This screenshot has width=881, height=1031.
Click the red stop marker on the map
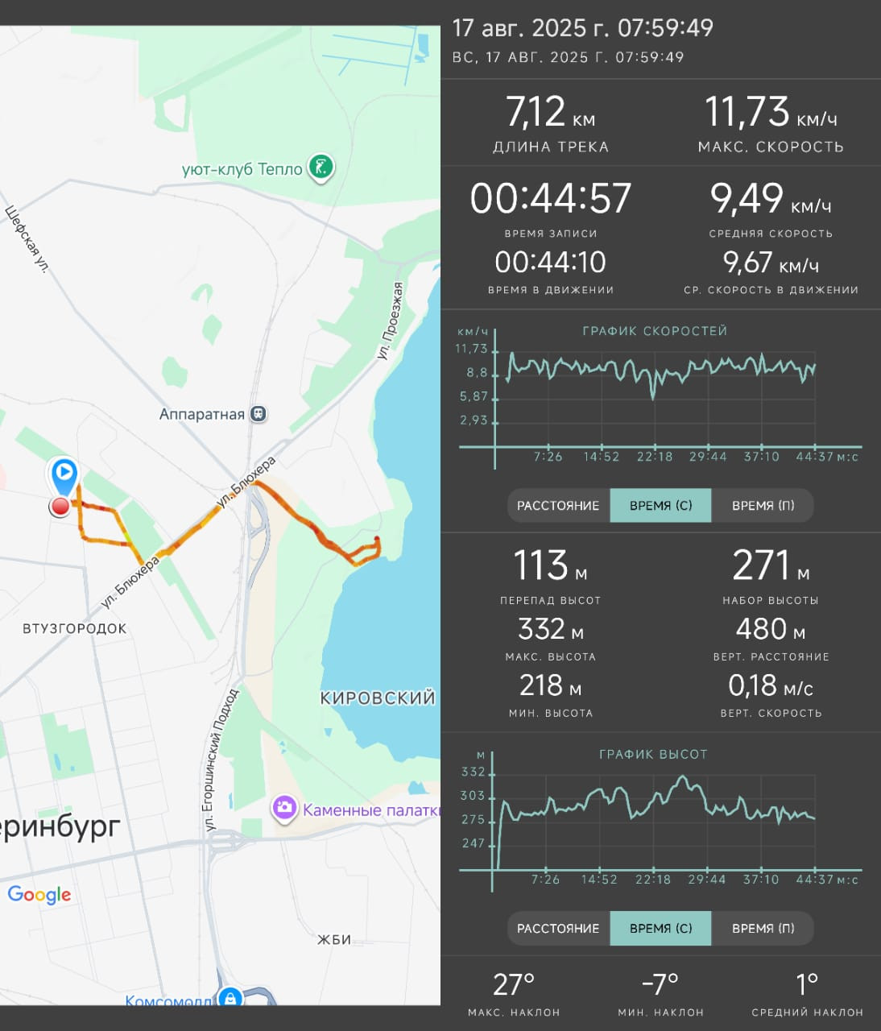pyautogui.click(x=60, y=507)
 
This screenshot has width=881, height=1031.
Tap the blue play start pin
pyautogui.click(x=64, y=475)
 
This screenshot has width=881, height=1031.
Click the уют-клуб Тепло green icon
pyautogui.click(x=321, y=167)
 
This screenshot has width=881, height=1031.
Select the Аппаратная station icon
pyautogui.click(x=259, y=414)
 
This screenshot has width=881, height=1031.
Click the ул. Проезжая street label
pyautogui.click(x=391, y=321)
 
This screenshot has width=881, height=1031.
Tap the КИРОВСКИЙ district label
pyautogui.click(x=378, y=698)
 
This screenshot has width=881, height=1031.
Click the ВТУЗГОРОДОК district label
pyautogui.click(x=75, y=628)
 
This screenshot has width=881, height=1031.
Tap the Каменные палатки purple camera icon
pyautogui.click(x=284, y=808)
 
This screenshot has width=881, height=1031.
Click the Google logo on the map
pyautogui.click(x=39, y=894)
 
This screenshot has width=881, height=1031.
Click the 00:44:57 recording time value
pyautogui.click(x=551, y=198)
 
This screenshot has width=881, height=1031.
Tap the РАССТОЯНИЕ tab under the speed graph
pyautogui.click(x=558, y=505)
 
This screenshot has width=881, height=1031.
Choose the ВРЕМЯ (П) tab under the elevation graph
pyautogui.click(x=763, y=928)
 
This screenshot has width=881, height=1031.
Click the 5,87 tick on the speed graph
pyautogui.click(x=474, y=396)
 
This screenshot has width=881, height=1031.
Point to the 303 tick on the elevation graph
pyautogui.click(x=473, y=796)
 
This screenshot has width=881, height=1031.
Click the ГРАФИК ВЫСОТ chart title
pyautogui.click(x=653, y=754)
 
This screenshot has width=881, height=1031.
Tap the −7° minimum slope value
pyautogui.click(x=660, y=984)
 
